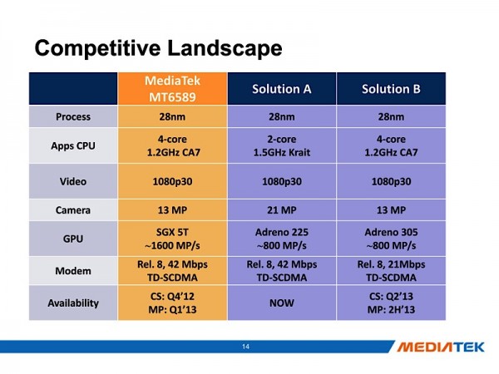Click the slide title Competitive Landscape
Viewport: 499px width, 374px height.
point(157,48)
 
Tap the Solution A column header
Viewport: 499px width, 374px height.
point(282,89)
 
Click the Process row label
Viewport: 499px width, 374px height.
point(73,116)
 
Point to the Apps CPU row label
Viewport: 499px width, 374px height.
point(73,145)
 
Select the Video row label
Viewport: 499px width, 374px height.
point(73,180)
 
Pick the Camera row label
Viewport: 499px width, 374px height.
point(73,209)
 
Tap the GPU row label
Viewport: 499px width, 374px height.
point(73,239)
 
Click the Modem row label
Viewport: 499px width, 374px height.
point(73,271)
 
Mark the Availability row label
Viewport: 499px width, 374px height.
point(73,303)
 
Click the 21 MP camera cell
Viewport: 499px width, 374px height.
point(282,209)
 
